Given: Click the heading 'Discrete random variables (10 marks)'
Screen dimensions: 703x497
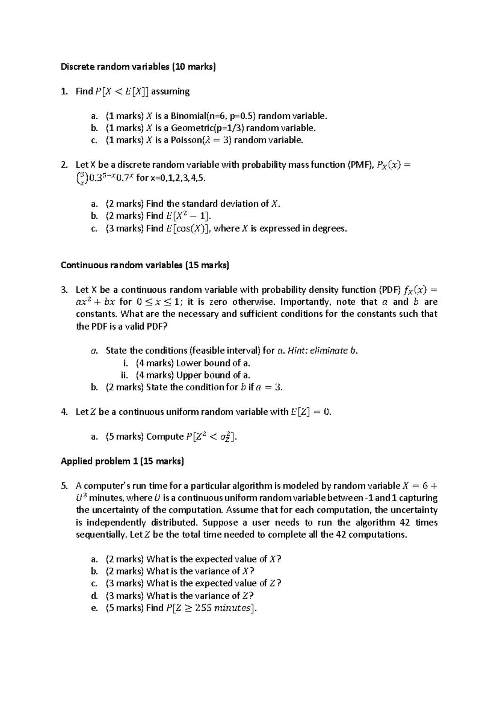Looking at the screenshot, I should click(138, 67).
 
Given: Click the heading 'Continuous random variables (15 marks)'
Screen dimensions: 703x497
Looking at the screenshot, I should click(145, 265).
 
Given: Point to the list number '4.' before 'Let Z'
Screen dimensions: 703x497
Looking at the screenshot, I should click(64, 412).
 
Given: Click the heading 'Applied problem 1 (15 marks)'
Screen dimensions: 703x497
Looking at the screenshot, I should click(122, 461).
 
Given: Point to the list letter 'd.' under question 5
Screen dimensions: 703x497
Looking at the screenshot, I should click(94, 596).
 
